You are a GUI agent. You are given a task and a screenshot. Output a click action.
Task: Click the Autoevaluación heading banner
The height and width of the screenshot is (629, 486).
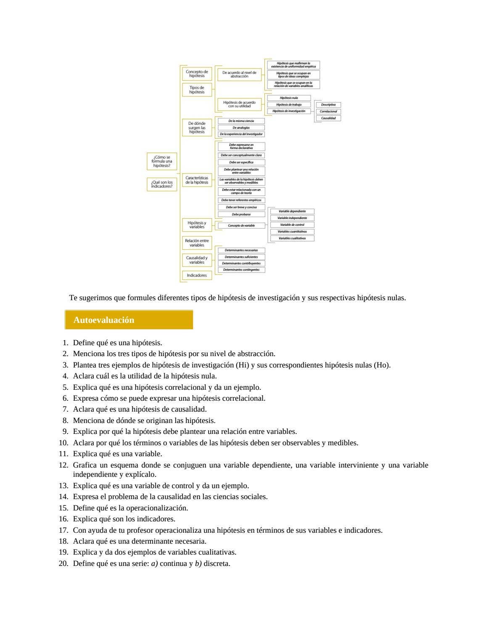pos(129,320)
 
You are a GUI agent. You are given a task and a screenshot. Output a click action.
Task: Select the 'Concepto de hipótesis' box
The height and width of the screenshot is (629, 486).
pos(197,74)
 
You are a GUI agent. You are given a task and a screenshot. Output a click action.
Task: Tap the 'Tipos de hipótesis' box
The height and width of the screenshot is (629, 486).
pos(197,90)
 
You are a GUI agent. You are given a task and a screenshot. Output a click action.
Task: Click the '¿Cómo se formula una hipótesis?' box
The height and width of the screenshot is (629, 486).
pos(162,161)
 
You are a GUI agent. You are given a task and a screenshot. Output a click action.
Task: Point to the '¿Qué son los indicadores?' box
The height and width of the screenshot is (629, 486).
pos(162,184)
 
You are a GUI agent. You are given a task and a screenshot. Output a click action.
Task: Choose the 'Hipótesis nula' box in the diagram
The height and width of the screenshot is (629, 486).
pos(289,98)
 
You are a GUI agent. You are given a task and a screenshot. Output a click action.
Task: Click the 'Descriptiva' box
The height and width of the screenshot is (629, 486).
pos(328,105)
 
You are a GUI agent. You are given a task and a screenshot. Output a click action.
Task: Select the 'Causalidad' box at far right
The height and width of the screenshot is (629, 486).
pos(328,118)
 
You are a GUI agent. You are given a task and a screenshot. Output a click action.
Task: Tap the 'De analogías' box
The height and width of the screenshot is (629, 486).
pos(241,127)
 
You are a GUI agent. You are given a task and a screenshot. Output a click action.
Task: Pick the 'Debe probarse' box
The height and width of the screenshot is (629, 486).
pos(241,214)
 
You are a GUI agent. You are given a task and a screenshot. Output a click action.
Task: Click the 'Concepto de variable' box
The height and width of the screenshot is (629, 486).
pos(241,225)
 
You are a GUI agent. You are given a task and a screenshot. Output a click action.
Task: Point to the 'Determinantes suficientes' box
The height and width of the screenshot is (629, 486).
pos(241,257)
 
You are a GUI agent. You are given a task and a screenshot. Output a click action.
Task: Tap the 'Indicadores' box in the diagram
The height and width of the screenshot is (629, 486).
pos(197,275)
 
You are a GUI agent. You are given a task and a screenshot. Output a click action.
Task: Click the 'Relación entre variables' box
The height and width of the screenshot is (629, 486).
pos(197,243)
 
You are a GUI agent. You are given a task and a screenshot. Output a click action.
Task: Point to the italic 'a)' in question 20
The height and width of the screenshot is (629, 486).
pos(154,563)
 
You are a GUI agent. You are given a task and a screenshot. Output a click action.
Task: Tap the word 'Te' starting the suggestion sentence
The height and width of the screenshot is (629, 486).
pos(73,298)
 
